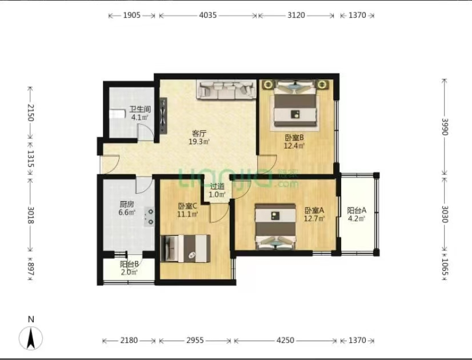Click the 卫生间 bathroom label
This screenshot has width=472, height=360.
coord(140,109)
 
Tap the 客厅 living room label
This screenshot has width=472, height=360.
coord(199,133)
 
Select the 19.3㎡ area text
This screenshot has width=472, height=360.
coord(199,142)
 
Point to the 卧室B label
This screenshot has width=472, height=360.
coord(294,138)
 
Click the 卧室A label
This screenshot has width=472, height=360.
coord(314,210)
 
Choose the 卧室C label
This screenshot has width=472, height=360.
coord(187,206)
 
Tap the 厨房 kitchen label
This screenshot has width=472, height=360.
coord(127,204)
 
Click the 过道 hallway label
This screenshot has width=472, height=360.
coord(217,187)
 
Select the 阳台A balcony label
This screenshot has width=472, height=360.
coord(357,210)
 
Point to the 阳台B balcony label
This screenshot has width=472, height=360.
coord(129,264)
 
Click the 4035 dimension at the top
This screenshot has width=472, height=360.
coord(207,15)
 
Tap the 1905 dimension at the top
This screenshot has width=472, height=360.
coord(131,15)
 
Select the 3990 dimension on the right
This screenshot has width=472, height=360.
coord(445,127)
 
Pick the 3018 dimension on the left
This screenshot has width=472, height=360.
coord(30,215)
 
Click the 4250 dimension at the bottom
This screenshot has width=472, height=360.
coord(285,341)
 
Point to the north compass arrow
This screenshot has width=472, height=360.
coord(31,338)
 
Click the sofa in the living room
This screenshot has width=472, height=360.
coord(226,89)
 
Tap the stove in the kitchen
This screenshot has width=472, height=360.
coord(149,217)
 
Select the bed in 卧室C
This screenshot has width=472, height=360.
coord(185,249)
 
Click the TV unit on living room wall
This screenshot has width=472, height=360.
coord(163,115)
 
